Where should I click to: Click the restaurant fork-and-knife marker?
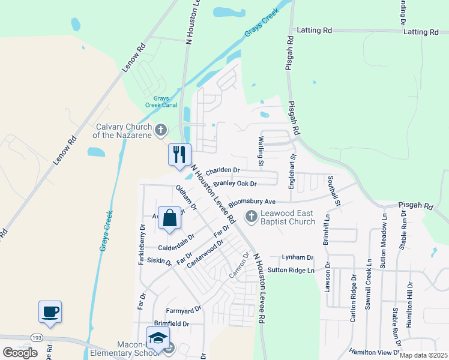pyautogui.click(x=179, y=155)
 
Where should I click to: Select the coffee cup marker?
pyautogui.click(x=50, y=312)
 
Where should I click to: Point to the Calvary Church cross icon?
pyautogui.click(x=160, y=129)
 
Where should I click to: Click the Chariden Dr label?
pyautogui.click(x=222, y=170)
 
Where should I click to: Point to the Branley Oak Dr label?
pyautogui.click(x=235, y=184)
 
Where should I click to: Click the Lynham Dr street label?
pyautogui.click(x=298, y=257)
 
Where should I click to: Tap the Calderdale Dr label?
pyautogui.click(x=176, y=242)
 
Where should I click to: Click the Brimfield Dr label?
pyautogui.click(x=171, y=323)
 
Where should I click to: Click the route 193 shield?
pyautogui.click(x=37, y=337)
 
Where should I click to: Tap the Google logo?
pyautogui.click(x=20, y=353)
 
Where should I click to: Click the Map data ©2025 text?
pyautogui.click(x=423, y=355)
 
